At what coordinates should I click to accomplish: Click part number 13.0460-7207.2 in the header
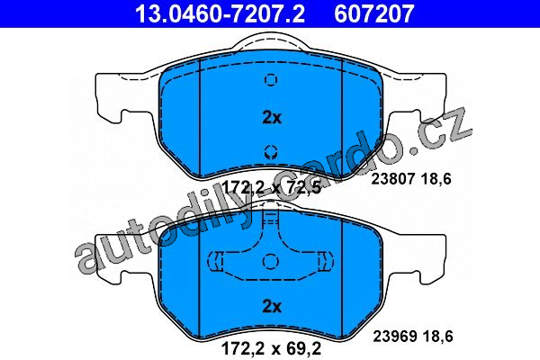tap(220, 13)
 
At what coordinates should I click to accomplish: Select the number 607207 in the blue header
tap(374, 13)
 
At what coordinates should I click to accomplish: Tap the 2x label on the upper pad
tap(272, 118)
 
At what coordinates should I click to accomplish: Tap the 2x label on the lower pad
tap(272, 306)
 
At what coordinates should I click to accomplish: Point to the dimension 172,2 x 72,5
tap(272, 188)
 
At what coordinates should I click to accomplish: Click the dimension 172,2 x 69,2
tap(272, 348)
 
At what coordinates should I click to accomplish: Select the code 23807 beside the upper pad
tap(392, 179)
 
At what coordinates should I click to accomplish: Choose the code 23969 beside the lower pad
tap(395, 336)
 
